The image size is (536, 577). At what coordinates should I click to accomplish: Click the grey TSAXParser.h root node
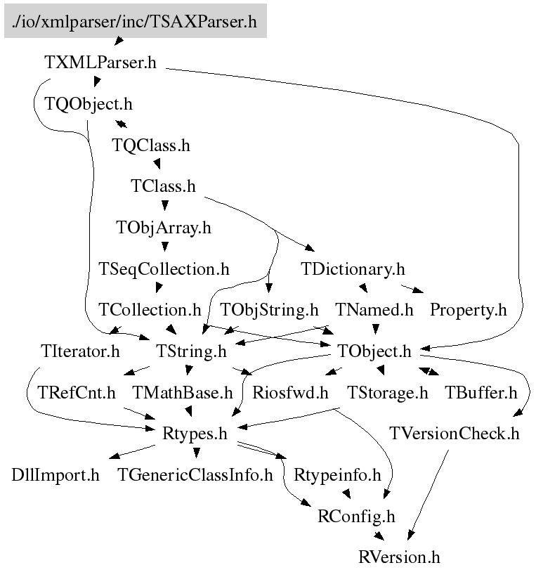click(x=135, y=22)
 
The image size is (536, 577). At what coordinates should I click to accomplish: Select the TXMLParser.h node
click(x=100, y=63)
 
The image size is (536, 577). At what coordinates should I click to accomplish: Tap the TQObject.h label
click(x=89, y=104)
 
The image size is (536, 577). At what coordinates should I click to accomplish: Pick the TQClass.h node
click(x=150, y=145)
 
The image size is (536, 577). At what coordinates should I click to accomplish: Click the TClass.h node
click(x=163, y=186)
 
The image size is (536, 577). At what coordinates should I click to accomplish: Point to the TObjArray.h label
click(x=163, y=228)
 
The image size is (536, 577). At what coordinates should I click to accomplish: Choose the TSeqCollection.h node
click(x=164, y=268)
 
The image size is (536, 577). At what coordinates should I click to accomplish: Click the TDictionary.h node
click(x=353, y=268)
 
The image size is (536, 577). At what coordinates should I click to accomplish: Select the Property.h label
click(x=468, y=309)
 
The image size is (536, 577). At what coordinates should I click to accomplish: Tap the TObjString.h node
click(x=269, y=309)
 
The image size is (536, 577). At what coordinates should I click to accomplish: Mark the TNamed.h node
click(x=374, y=309)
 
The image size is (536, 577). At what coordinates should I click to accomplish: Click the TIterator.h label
click(x=80, y=351)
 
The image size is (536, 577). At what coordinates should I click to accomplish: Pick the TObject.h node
click(x=374, y=351)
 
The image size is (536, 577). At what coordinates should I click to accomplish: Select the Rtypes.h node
click(x=195, y=434)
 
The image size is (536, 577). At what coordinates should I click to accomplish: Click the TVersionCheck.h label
click(x=454, y=434)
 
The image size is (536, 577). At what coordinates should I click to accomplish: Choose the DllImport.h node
click(x=55, y=475)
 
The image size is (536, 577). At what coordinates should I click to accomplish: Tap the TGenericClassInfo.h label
click(x=195, y=475)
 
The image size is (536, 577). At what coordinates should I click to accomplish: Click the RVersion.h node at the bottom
click(x=398, y=558)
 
